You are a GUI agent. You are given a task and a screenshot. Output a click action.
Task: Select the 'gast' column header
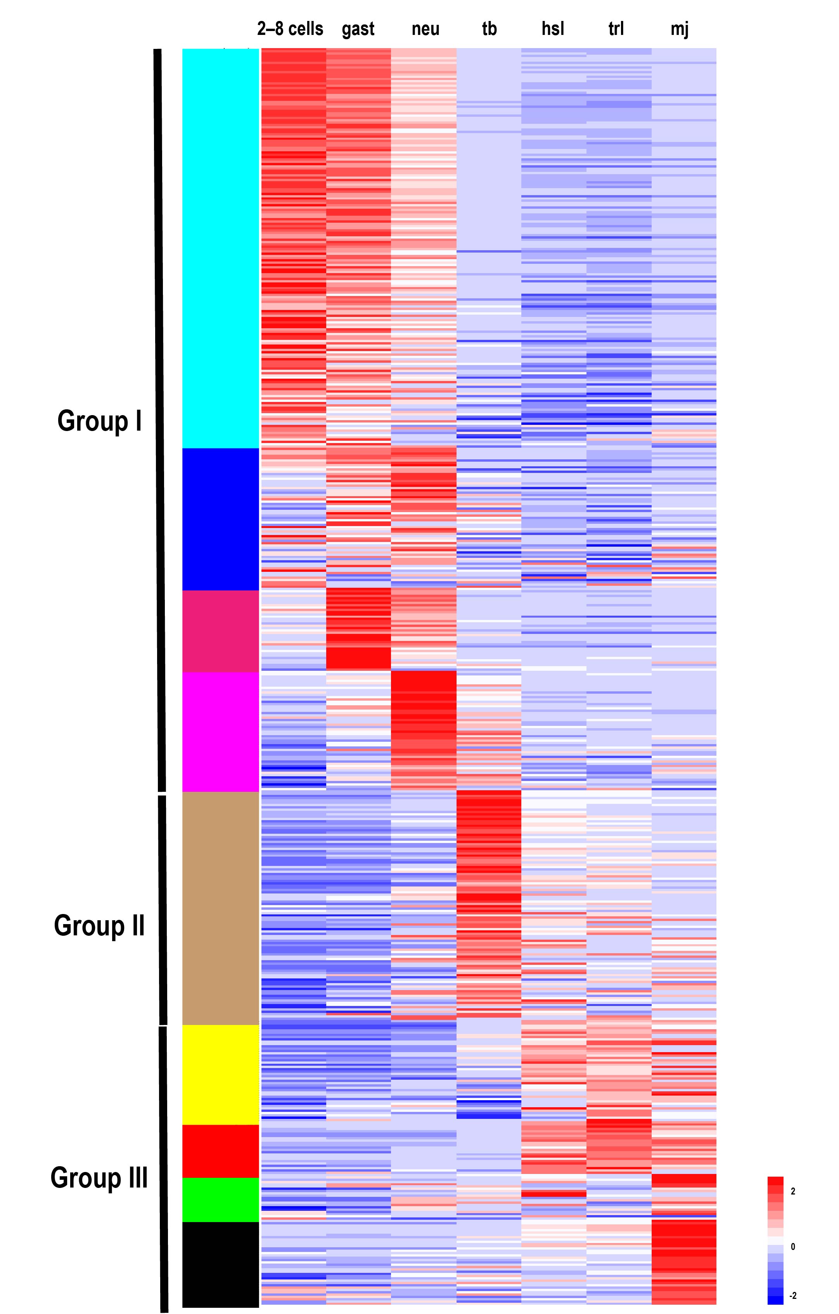[x=358, y=29]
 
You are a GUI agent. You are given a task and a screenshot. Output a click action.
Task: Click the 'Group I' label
[x=99, y=421]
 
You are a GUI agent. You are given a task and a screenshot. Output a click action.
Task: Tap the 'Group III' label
[x=99, y=1177]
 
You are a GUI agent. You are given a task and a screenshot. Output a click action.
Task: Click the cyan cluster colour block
[x=220, y=248]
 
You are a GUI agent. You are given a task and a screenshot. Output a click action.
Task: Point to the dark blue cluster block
[x=220, y=519]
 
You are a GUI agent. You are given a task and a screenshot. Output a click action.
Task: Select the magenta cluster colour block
[x=220, y=732]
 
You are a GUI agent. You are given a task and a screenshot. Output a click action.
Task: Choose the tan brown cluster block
[x=220, y=908]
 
